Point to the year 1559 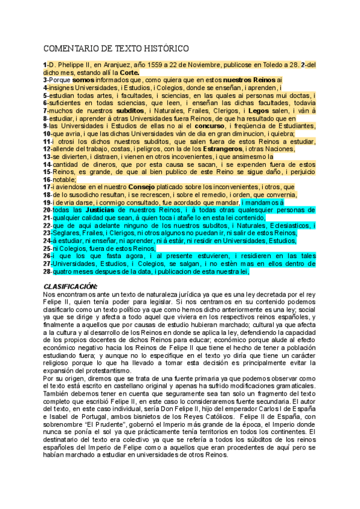[158, 64]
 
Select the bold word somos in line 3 [83, 80]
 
